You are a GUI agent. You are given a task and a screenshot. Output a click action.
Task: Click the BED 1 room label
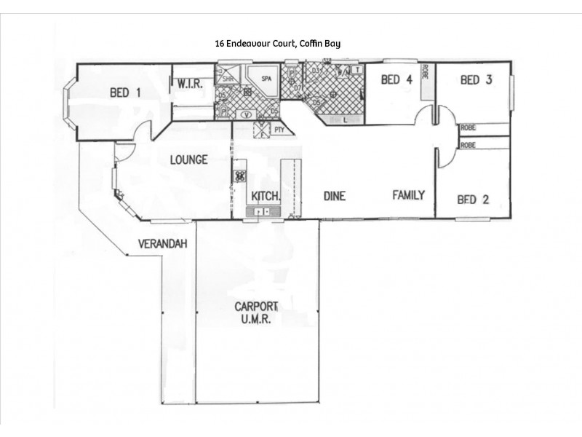pyautogui.click(x=124, y=92)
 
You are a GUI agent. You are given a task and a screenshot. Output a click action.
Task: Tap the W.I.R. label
pyautogui.click(x=190, y=84)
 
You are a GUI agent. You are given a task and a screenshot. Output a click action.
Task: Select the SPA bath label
pyautogui.click(x=268, y=79)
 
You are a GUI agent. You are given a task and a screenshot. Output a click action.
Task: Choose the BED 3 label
pyautogui.click(x=477, y=80)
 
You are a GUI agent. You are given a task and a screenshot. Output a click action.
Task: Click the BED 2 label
pyautogui.click(x=472, y=199)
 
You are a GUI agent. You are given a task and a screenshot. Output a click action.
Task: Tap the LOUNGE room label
pyautogui.click(x=188, y=160)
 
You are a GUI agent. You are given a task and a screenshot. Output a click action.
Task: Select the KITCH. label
pyautogui.click(x=265, y=196)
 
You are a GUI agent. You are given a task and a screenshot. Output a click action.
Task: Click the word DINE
pyautogui.click(x=334, y=196)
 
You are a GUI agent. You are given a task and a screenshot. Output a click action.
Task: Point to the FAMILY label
pyautogui.click(x=408, y=194)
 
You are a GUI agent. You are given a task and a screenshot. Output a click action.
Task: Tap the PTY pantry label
pyautogui.click(x=279, y=130)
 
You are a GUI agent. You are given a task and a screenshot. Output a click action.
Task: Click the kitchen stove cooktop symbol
pyautogui.click(x=239, y=176)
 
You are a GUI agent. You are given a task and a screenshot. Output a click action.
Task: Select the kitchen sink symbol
pyautogui.click(x=263, y=211)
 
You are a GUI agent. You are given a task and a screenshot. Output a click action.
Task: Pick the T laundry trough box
pyautogui.click(x=357, y=70)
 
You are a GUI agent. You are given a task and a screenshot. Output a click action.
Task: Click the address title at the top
pyautogui.click(x=277, y=44)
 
